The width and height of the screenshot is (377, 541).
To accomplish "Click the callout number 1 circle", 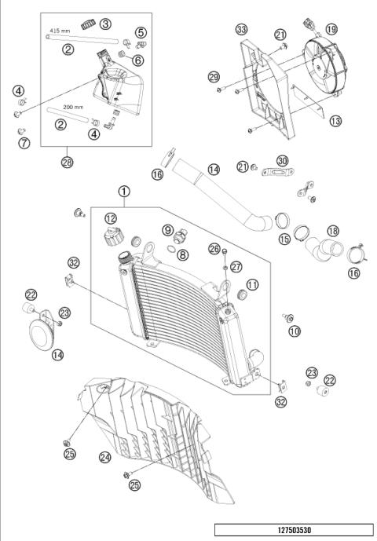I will coord(124,191).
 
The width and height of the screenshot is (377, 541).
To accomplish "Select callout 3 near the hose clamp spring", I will coord(104,24).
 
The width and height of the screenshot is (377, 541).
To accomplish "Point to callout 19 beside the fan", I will coord(331,29).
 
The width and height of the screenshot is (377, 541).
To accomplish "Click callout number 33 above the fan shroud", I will coord(241,29).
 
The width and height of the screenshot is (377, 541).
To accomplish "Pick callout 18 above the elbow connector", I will coord(332,232).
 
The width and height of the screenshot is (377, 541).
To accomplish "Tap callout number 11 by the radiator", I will coord(252,284).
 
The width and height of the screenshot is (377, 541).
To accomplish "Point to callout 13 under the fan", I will coord(335,121).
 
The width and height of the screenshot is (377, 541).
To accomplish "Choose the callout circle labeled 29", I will coord(214,76).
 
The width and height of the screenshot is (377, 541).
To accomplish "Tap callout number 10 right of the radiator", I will coord(295,332).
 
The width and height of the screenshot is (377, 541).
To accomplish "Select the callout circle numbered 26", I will coord(214,248).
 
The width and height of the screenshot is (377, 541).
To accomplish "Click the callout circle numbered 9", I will coord(167,229).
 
